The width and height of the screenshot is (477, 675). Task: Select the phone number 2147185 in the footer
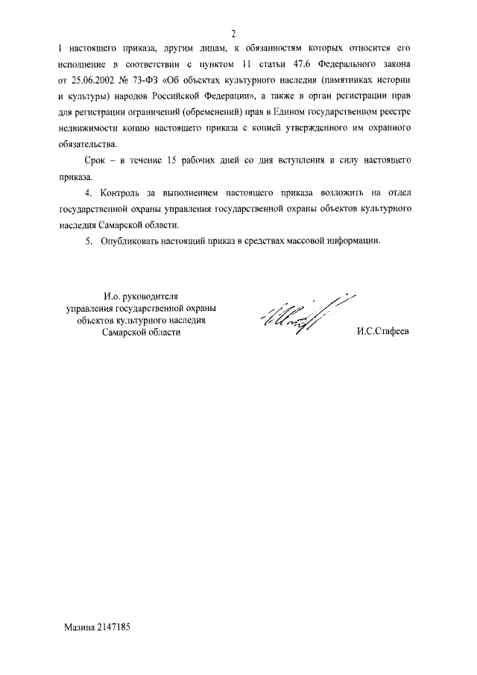click(x=114, y=628)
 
